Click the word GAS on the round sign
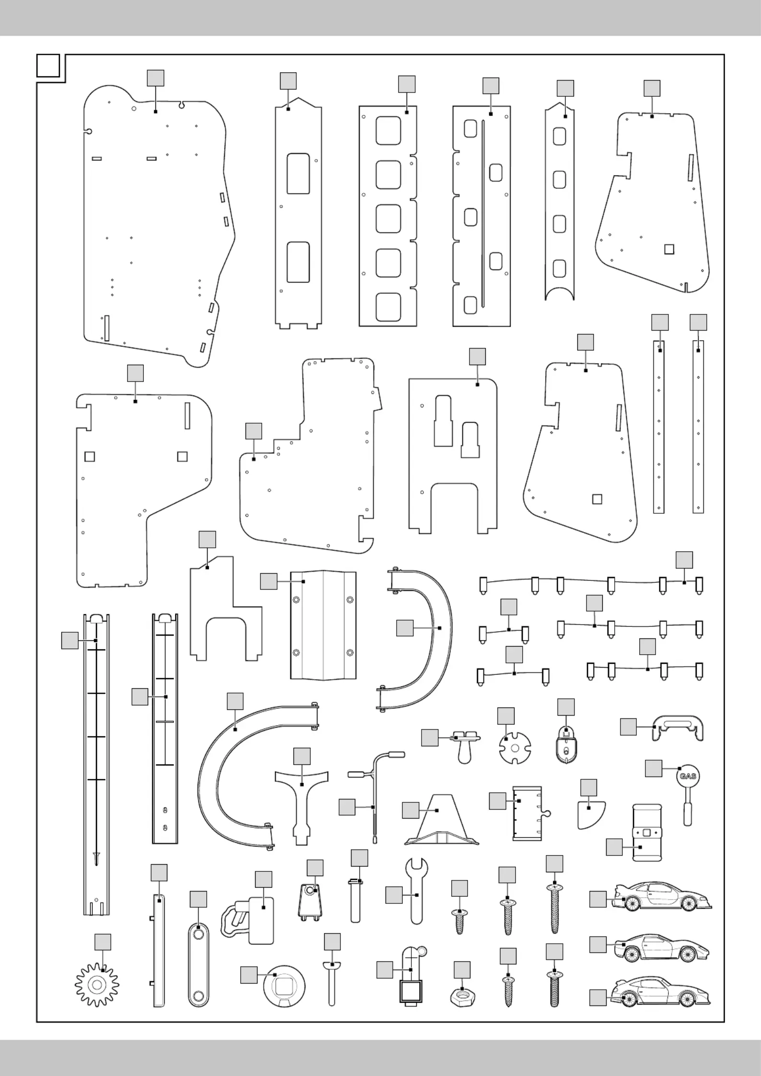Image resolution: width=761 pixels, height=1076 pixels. pos(687,775)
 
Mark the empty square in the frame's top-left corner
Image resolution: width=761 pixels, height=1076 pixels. pos(48,66)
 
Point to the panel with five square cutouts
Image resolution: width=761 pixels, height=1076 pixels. pos(388,216)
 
